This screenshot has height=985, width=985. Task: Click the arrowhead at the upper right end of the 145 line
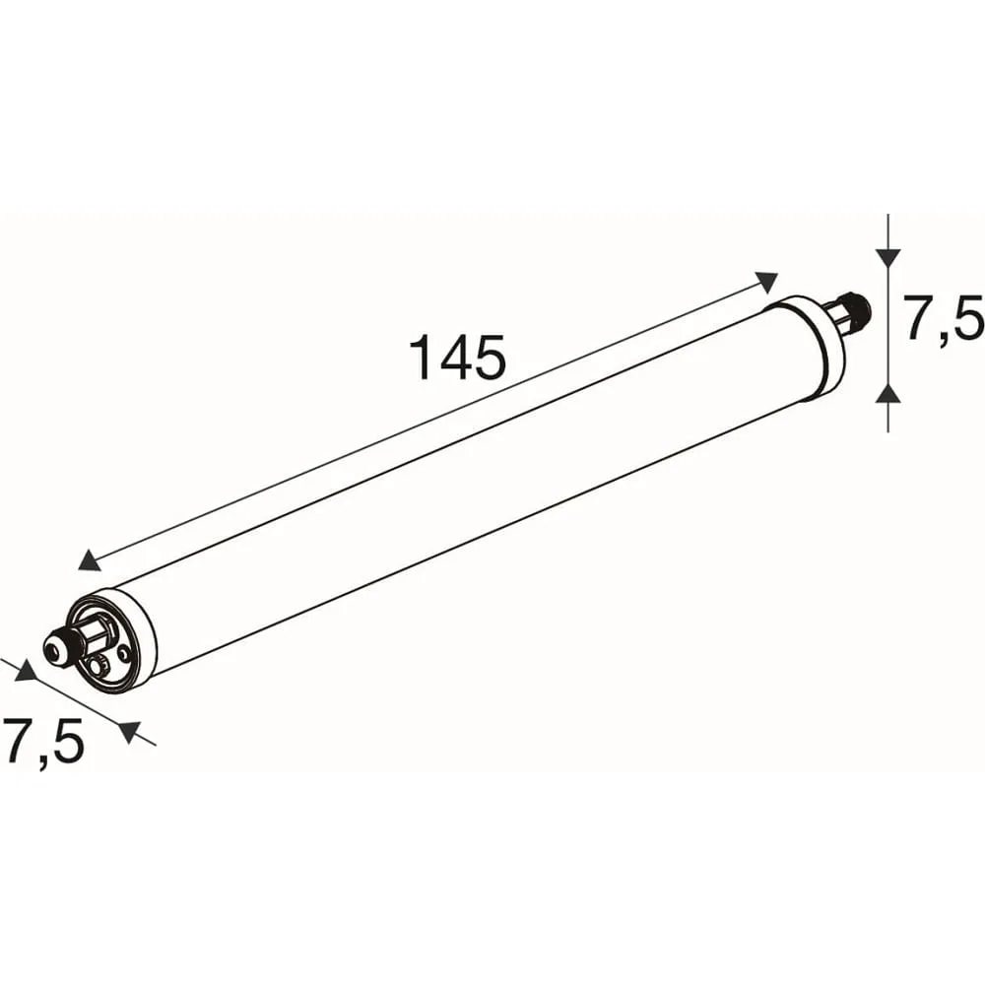767,282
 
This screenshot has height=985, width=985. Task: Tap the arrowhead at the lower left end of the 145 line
90,559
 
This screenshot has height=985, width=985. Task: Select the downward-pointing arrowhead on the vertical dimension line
887,256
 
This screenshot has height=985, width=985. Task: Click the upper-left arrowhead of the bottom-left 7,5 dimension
27,670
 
